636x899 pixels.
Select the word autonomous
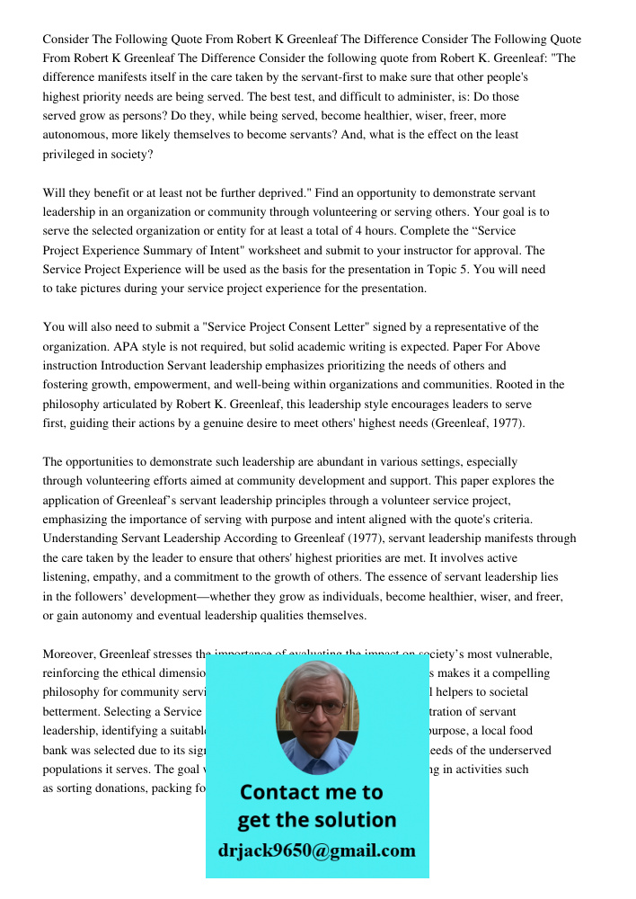[77, 135]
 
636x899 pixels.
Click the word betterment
[71, 712]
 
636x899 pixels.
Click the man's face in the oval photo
[316, 710]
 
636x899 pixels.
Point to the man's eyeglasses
[316, 707]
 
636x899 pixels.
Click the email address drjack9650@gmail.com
[316, 850]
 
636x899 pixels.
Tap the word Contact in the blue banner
[285, 793]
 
